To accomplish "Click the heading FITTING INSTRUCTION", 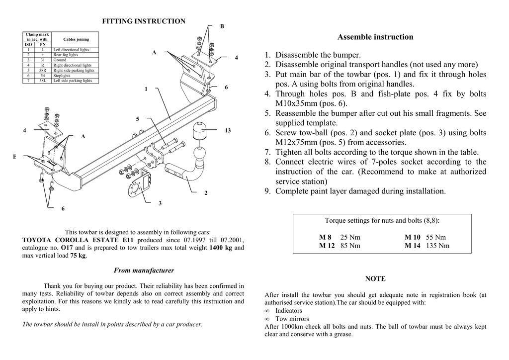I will (x=144, y=21).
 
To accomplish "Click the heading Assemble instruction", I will (x=375, y=37).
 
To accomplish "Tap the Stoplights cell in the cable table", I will (x=62, y=76).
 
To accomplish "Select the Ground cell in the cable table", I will (x=60, y=60).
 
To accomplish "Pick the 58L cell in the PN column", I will (x=43, y=81).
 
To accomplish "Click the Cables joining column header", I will (x=76, y=39).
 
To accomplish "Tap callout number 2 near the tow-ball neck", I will (x=206, y=193).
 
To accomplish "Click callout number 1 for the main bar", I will (x=146, y=89).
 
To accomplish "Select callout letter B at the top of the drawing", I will (x=222, y=26).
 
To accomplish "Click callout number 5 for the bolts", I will (x=138, y=119).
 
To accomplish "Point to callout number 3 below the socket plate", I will (x=160, y=203).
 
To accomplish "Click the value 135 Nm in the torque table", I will (x=437, y=246).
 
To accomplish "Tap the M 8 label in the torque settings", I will (x=326, y=237).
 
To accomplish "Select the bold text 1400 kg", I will (x=221, y=248).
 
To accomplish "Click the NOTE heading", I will (x=375, y=279).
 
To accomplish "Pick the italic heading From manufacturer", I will (x=144, y=270).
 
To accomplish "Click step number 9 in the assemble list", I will (x=267, y=191).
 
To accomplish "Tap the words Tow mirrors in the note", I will (x=292, y=319).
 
